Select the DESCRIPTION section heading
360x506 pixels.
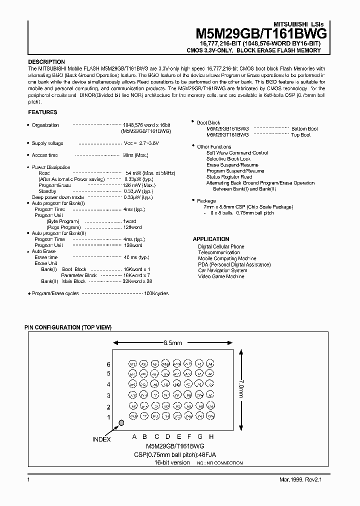click(x=46, y=62)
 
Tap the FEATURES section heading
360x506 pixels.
click(x=42, y=112)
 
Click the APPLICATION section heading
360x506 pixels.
click(x=211, y=239)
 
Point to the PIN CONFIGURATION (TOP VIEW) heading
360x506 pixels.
click(x=68, y=327)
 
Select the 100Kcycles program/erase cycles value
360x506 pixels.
click(x=156, y=293)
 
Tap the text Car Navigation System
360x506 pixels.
click(x=222, y=270)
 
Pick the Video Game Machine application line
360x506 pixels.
click(x=221, y=276)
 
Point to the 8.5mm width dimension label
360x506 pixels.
click(x=172, y=343)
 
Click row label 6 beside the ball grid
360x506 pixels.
click(x=108, y=364)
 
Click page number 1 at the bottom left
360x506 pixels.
click(x=28, y=480)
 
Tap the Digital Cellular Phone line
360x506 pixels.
click(x=221, y=246)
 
